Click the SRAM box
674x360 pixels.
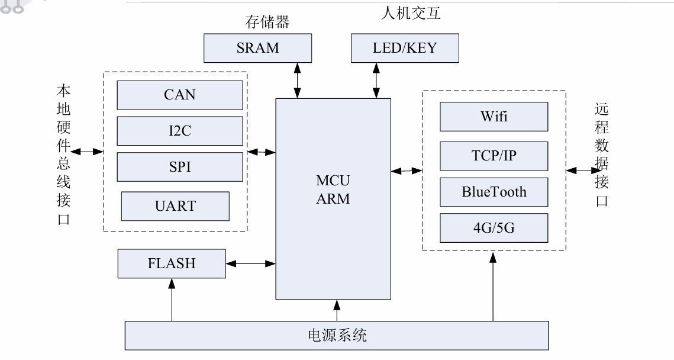257,48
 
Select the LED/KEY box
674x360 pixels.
405,48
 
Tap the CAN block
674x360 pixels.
180,95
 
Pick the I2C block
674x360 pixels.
180,131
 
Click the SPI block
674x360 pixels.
180,167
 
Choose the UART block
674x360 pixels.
175,206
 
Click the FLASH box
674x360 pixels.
172,263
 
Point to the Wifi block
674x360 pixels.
494,116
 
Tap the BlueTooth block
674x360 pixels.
494,192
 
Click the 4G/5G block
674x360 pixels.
494,227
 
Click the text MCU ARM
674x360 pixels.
333,189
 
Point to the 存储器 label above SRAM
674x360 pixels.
267,22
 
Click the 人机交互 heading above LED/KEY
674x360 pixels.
412,12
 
